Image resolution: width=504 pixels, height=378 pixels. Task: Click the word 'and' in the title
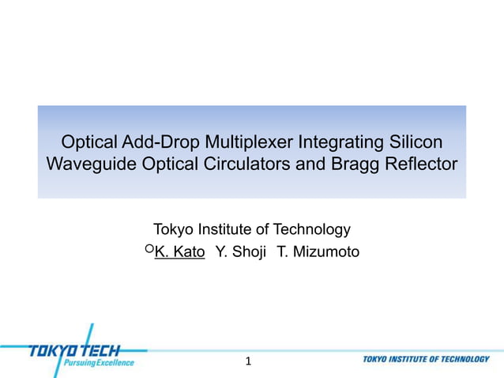(x=322, y=164)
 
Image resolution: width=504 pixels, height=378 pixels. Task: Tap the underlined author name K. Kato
(x=180, y=252)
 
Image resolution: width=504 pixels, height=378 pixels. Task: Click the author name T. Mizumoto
(x=318, y=252)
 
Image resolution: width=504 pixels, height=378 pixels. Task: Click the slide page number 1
(x=248, y=361)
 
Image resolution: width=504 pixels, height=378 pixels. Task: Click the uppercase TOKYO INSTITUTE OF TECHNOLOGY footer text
(x=427, y=359)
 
